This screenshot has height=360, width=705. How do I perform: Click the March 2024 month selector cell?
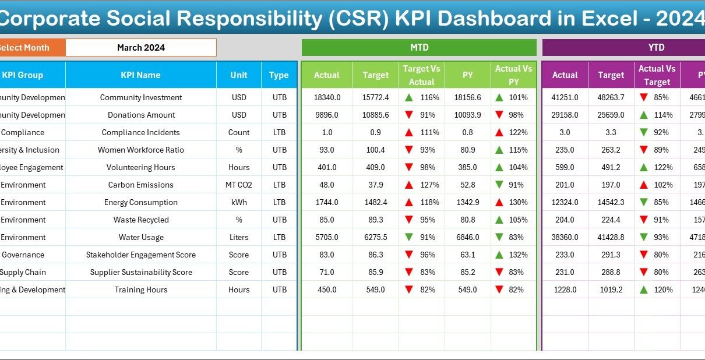click(141, 48)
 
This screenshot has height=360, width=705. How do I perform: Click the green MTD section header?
click(419, 48)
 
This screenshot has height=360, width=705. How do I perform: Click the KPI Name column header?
click(140, 75)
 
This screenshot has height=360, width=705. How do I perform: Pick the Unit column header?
click(239, 75)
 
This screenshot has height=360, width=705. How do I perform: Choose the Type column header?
click(279, 75)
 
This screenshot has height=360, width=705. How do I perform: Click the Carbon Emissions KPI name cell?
click(140, 185)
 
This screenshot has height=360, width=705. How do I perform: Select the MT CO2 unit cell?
click(239, 185)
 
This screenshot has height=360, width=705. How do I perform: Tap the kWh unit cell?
click(239, 202)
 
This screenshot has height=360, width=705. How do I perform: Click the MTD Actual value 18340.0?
click(327, 97)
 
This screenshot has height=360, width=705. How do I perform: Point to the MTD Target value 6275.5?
click(375, 237)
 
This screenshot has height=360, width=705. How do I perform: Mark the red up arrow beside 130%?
click(499, 202)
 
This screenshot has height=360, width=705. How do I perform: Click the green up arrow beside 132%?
click(499, 255)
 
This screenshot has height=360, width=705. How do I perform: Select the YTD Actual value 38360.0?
click(565, 237)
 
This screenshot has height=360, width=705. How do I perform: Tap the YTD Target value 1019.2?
click(611, 290)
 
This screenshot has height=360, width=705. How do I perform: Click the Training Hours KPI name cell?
click(140, 290)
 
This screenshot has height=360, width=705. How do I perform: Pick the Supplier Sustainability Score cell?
click(140, 272)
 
